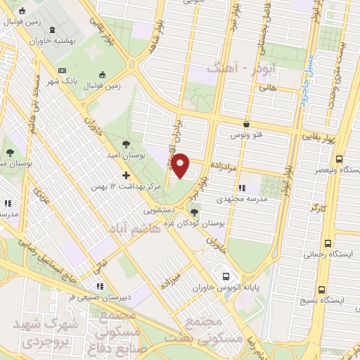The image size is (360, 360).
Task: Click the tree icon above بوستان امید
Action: point(125,144)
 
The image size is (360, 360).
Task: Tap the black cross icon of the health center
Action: point(127,175)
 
